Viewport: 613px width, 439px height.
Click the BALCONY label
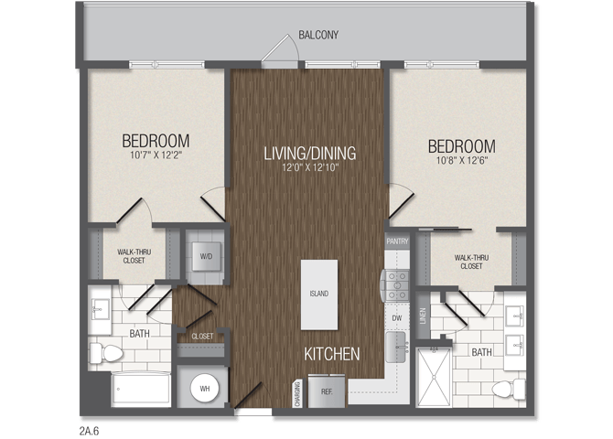pyautogui.click(x=318, y=35)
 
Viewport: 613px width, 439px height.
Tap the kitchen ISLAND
pyautogui.click(x=319, y=294)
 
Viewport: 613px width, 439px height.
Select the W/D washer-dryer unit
pyautogui.click(x=207, y=256)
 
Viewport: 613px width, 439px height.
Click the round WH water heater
pyautogui.click(x=204, y=389)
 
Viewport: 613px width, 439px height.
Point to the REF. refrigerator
pyautogui.click(x=327, y=391)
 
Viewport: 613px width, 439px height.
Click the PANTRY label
pyautogui.click(x=397, y=241)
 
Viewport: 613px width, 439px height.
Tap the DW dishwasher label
pyautogui.click(x=397, y=318)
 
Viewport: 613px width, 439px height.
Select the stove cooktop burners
pyautogui.click(x=397, y=285)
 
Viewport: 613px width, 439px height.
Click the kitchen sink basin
pyautogui.click(x=397, y=348)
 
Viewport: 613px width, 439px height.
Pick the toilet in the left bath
pyautogui.click(x=106, y=353)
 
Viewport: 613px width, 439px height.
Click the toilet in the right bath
pyautogui.click(x=508, y=389)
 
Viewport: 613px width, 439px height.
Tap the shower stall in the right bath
pyautogui.click(x=434, y=378)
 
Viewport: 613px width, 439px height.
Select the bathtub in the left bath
pyautogui.click(x=141, y=389)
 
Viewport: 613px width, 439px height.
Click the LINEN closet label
pyautogui.click(x=422, y=316)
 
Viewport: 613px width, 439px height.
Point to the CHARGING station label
pyautogui.click(x=298, y=394)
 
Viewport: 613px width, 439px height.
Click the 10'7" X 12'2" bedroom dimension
pyautogui.click(x=156, y=155)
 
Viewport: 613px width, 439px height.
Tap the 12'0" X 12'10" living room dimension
pyautogui.click(x=310, y=167)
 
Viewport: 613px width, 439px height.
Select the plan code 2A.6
pyautogui.click(x=89, y=431)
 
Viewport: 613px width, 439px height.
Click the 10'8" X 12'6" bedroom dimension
pyautogui.click(x=462, y=160)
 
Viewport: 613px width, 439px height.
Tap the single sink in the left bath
pyautogui.click(x=102, y=309)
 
